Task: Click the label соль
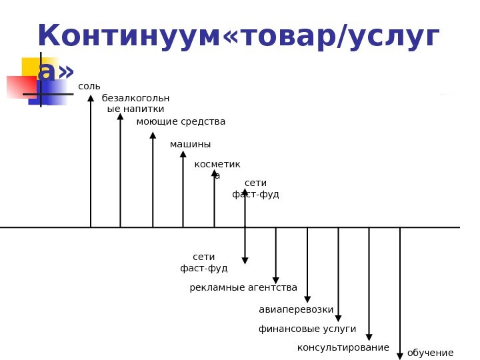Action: [89, 87]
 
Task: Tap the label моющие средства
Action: [181, 122]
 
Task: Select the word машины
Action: [190, 145]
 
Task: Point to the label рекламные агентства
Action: [243, 288]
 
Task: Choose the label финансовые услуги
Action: [307, 329]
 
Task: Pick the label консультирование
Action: [343, 348]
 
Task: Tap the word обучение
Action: [430, 353]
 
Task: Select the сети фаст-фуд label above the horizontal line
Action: [255, 189]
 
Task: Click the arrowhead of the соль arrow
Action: [91, 99]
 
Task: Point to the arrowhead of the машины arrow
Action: [183, 154]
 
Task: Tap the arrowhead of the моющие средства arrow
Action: [153, 135]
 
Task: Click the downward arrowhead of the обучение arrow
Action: [400, 355]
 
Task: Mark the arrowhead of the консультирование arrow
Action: [369, 337]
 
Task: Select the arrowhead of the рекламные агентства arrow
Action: [276, 280]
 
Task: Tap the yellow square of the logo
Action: [30, 66]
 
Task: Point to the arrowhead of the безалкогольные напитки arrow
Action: [120, 117]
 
